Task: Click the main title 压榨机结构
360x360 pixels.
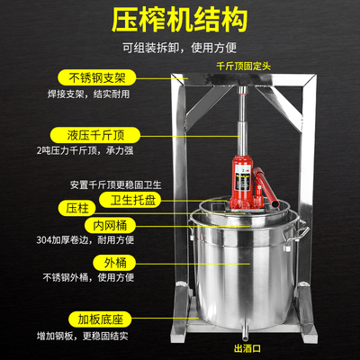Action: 179,20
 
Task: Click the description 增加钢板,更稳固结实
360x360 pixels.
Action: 83,335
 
